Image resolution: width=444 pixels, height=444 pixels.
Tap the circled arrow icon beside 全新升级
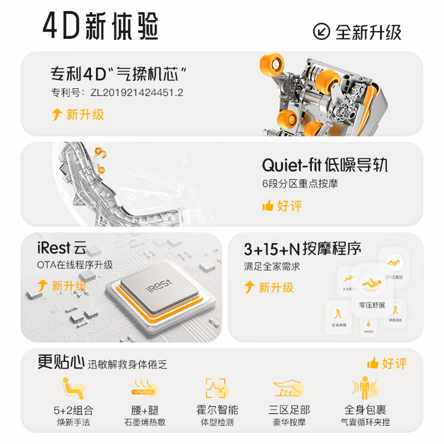pos(322,31)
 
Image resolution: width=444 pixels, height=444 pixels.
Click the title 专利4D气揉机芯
pos(118,73)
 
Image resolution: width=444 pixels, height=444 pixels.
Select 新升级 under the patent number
pos(85,114)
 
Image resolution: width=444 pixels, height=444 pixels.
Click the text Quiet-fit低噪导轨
pos(325,165)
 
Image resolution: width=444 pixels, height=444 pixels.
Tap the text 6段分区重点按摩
pos(300,184)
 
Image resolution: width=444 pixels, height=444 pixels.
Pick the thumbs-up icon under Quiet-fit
pos(268,206)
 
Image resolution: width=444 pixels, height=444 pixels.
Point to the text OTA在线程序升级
pos(75,265)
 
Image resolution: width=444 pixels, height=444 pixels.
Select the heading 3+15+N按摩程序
pos(302,249)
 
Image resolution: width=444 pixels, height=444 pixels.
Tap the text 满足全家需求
pos(272,266)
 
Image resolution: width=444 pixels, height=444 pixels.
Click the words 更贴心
pos(60,362)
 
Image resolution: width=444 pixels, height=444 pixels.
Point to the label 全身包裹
pos(365,410)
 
